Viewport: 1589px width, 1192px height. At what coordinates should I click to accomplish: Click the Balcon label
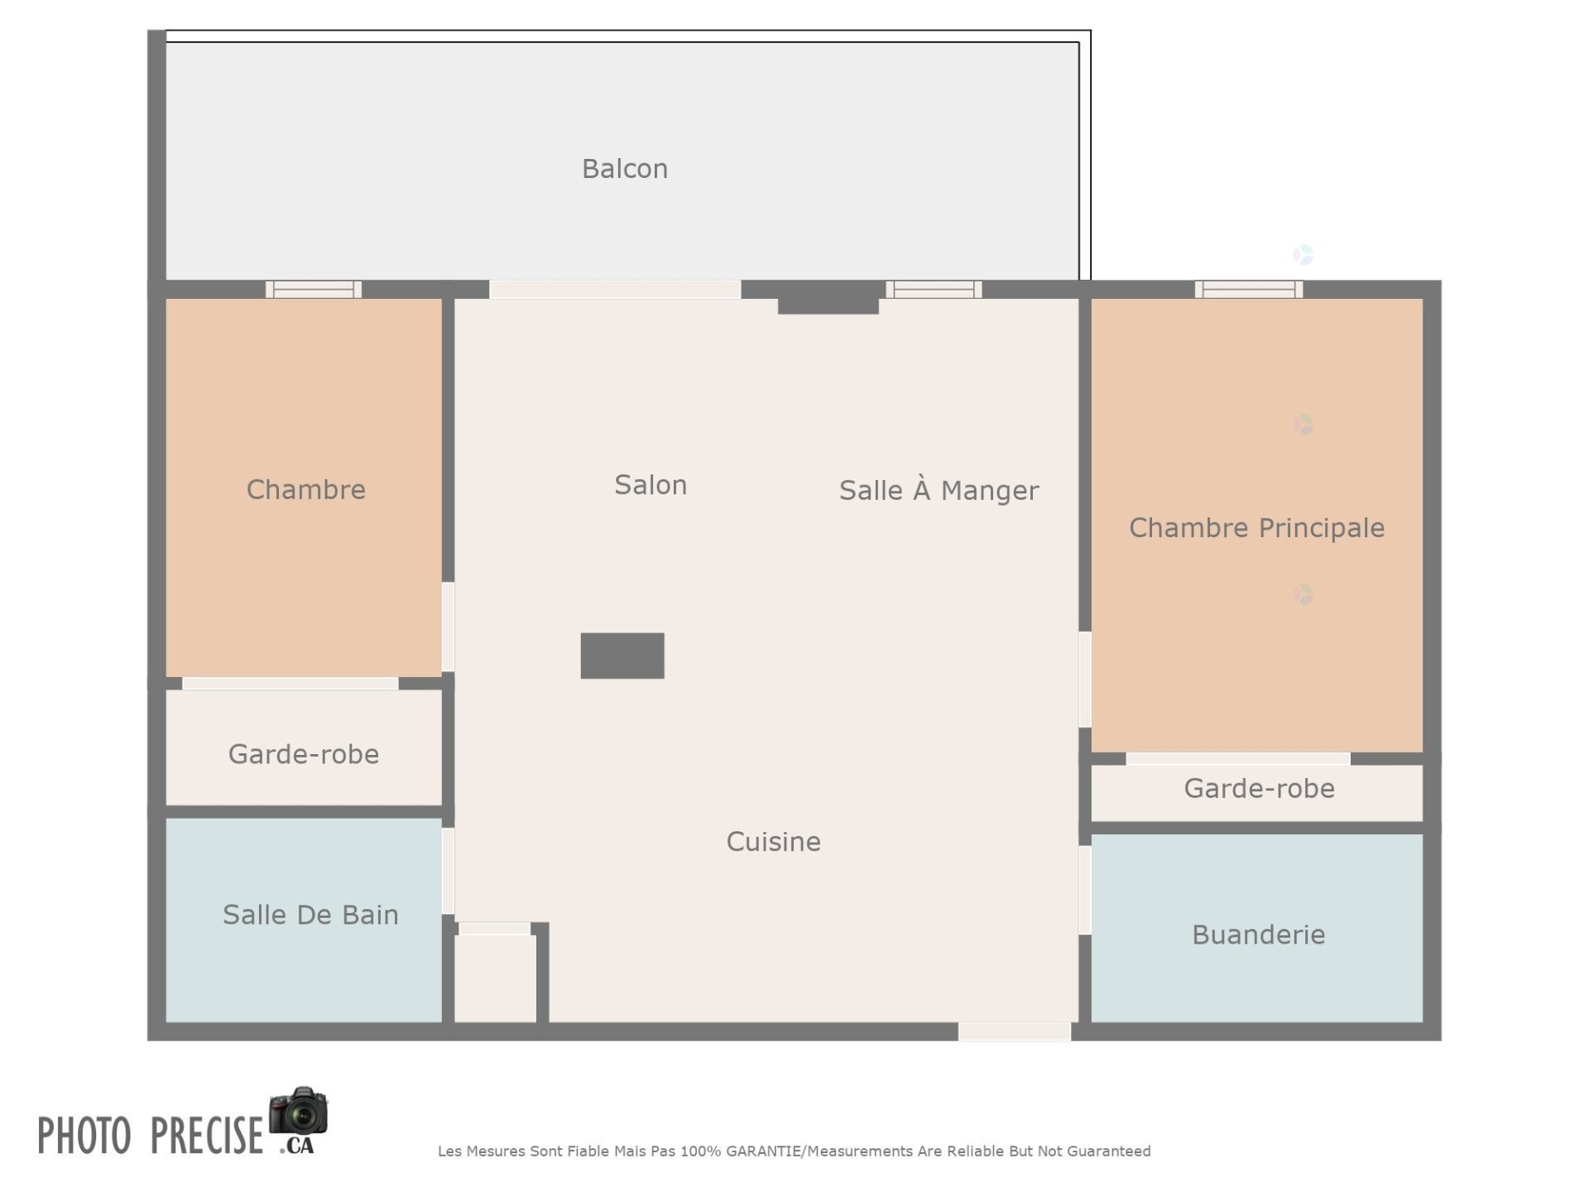pyautogui.click(x=624, y=169)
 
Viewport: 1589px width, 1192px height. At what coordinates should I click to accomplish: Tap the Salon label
pyautogui.click(x=650, y=485)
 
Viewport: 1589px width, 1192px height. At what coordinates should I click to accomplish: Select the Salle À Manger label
pyautogui.click(x=939, y=490)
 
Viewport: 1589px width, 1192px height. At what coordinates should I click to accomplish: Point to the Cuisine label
pyautogui.click(x=773, y=842)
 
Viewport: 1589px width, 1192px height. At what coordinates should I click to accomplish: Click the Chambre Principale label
pyautogui.click(x=1256, y=528)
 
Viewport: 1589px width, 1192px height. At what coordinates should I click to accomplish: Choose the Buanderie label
pyautogui.click(x=1258, y=935)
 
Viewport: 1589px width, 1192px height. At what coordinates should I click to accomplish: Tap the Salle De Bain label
pyautogui.click(x=310, y=915)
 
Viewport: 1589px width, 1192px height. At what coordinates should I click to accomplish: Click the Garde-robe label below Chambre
pyautogui.click(x=304, y=754)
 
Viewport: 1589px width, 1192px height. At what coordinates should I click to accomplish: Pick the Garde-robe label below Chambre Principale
pyautogui.click(x=1259, y=788)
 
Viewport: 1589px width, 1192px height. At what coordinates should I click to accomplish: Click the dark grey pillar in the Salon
pyautogui.click(x=622, y=656)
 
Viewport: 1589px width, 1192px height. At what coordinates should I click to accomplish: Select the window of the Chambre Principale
pyautogui.click(x=1248, y=289)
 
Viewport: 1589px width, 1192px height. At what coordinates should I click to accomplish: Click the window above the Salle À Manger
pyautogui.click(x=934, y=289)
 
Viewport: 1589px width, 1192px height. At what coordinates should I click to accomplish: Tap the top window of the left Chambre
pyautogui.click(x=313, y=289)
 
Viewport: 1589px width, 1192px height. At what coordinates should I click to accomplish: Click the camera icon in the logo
pyautogui.click(x=299, y=1112)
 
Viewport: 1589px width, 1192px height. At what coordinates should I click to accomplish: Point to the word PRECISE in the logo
pyautogui.click(x=206, y=1135)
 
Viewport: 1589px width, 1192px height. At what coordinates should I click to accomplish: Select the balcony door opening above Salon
pyautogui.click(x=615, y=289)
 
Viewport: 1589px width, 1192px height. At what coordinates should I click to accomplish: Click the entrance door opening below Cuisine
pyautogui.click(x=1014, y=1031)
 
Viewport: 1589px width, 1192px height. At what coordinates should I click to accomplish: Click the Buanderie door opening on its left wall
pyautogui.click(x=1084, y=890)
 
